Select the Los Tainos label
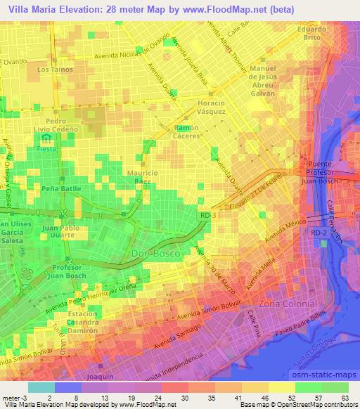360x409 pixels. pyautogui.click(x=53, y=70)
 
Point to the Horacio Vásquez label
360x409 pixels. pyautogui.click(x=207, y=107)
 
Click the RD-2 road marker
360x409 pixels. pyautogui.click(x=317, y=230)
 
